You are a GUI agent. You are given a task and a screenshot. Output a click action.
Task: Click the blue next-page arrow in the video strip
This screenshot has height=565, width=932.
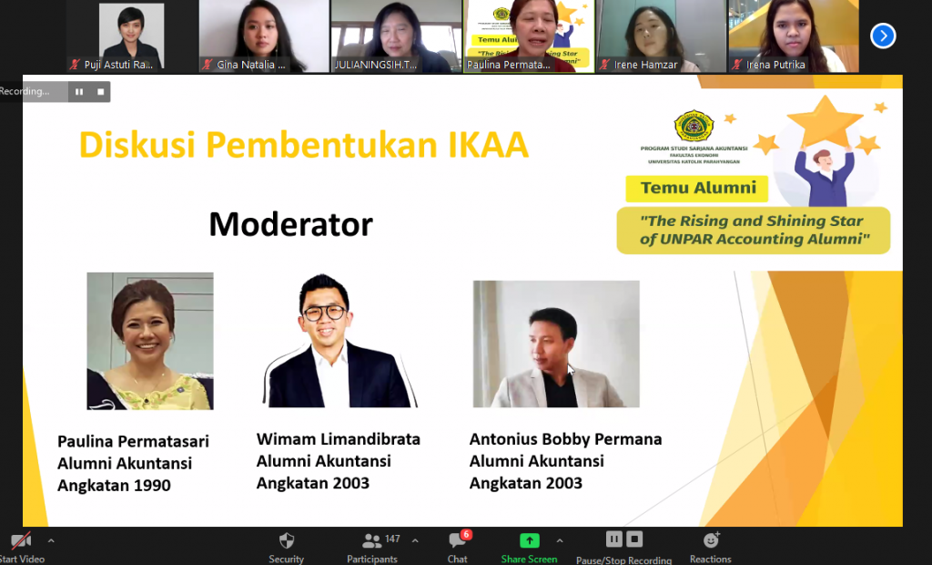(x=883, y=36)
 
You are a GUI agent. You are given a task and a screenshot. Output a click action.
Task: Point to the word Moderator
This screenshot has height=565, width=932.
(x=290, y=223)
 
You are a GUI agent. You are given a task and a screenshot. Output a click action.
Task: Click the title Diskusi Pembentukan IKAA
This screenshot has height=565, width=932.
(x=303, y=145)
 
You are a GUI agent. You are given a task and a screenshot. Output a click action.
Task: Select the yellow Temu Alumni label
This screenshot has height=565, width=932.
(x=698, y=189)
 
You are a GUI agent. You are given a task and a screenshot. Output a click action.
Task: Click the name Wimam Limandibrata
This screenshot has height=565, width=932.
(x=339, y=439)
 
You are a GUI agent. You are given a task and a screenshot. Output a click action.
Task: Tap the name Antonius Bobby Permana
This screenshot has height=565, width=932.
(x=565, y=439)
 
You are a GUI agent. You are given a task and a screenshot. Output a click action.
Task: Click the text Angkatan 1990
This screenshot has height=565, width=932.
(x=114, y=486)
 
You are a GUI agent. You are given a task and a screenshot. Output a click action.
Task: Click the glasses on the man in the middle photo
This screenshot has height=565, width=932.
(x=324, y=313)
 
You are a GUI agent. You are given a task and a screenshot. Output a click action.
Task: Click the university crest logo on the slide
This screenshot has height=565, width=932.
(x=694, y=126)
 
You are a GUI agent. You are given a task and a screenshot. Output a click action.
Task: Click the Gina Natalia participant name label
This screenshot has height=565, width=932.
(x=251, y=65)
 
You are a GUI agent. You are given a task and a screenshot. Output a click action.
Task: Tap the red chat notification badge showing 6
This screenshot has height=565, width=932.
(x=466, y=534)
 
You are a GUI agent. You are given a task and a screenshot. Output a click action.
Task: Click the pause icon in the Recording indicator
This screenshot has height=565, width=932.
(x=79, y=91)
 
